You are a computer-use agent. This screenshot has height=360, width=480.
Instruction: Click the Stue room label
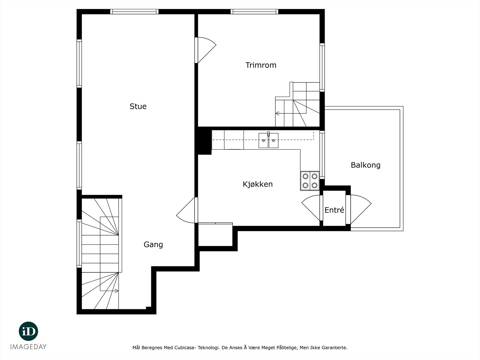(138, 106)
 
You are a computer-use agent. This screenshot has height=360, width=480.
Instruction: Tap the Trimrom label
(261, 65)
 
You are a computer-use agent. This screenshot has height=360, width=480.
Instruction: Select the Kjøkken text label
(258, 184)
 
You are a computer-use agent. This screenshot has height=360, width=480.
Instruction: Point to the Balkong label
(366, 165)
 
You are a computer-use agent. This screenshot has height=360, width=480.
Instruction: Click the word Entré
(334, 210)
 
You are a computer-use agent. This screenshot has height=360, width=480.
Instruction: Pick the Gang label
(153, 244)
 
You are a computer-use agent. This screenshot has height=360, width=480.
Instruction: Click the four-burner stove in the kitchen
(310, 181)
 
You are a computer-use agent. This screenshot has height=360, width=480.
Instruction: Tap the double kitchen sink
(268, 140)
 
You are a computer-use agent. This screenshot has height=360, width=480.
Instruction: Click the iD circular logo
(28, 331)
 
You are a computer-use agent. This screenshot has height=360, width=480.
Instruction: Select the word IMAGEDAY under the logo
(28, 347)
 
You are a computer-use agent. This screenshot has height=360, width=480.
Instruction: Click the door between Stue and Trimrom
(205, 50)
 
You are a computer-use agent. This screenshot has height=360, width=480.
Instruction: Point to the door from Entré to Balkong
(358, 209)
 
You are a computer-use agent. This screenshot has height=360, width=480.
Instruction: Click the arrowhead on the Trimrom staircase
(277, 113)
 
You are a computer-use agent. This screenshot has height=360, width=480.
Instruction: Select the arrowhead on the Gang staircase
(117, 291)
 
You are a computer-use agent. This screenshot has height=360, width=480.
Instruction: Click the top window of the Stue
(134, 12)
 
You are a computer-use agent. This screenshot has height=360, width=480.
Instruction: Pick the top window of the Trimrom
(254, 12)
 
